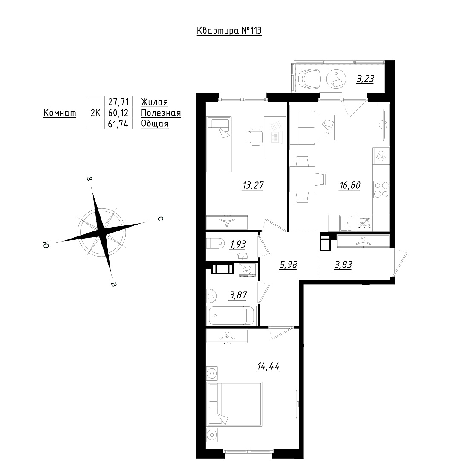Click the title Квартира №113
click(x=229, y=31)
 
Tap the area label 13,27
click(x=253, y=186)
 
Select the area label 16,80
click(x=350, y=186)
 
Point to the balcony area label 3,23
click(x=365, y=79)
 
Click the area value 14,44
click(x=268, y=367)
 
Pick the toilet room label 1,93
click(x=238, y=244)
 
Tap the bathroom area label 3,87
click(x=238, y=295)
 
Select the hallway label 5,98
click(x=289, y=265)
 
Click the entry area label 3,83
click(x=343, y=265)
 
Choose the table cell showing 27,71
click(x=118, y=102)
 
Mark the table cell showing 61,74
click(x=118, y=124)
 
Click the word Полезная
click(x=161, y=113)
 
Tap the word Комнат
click(x=60, y=113)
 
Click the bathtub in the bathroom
click(x=231, y=316)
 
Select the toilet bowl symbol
click(x=215, y=244)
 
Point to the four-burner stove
click(x=381, y=190)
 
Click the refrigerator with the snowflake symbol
click(x=381, y=156)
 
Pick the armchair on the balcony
click(x=309, y=79)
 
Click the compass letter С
click(x=160, y=219)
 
